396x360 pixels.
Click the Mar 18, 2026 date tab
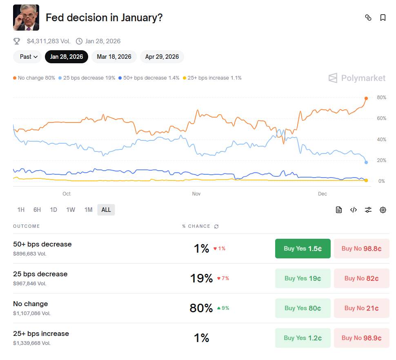click(114, 57)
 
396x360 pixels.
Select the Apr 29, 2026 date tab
click(162, 57)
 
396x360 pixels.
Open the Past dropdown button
click(27, 57)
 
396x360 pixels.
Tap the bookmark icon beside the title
click(383, 18)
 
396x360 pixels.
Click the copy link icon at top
click(368, 18)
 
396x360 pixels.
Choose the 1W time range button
click(71, 210)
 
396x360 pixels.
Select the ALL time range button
click(106, 210)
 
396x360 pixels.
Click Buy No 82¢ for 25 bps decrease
click(361, 278)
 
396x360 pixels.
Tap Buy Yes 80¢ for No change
click(303, 308)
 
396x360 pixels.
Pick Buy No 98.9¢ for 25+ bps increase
click(361, 338)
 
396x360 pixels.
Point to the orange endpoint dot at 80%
click(366, 98)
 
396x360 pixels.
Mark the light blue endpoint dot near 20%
click(366, 162)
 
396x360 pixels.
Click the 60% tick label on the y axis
click(381, 118)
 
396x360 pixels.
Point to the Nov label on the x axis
click(196, 194)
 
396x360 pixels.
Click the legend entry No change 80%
click(34, 78)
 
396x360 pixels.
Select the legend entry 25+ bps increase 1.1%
click(212, 78)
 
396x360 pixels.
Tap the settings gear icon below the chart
click(383, 210)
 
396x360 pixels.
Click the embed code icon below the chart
click(354, 210)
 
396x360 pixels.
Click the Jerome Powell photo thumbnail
click(26, 18)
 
